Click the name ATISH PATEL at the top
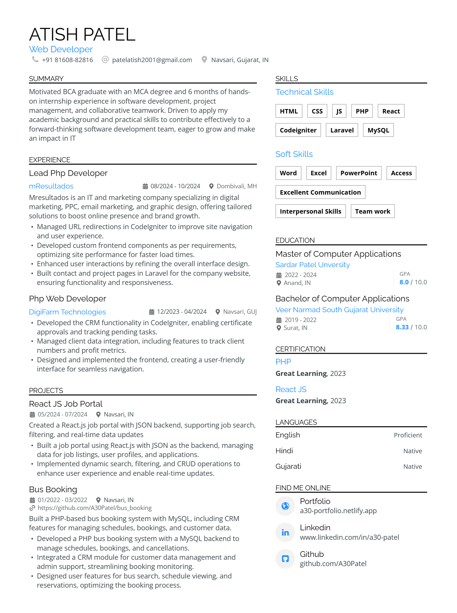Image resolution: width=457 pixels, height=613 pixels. tap(82, 35)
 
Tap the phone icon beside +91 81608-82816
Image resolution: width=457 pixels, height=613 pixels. tap(35, 59)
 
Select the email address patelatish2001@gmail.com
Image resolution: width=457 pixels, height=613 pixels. tap(152, 60)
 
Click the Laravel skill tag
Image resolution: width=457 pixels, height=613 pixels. tap(342, 130)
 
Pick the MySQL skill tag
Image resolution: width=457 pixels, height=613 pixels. tap(378, 130)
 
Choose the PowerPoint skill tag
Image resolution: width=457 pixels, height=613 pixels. tap(359, 173)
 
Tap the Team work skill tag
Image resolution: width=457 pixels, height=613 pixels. tap(372, 211)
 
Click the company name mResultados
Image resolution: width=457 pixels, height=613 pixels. tap(51, 186)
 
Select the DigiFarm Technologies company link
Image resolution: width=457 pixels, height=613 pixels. tap(67, 312)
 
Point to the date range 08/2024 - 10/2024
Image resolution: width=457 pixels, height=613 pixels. tap(175, 186)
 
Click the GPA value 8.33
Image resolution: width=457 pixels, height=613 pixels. tap(402, 327)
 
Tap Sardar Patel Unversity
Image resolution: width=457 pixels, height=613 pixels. tap(312, 265)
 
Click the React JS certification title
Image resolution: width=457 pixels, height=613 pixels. tap(291, 389)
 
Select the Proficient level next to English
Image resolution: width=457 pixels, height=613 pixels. tap(408, 435)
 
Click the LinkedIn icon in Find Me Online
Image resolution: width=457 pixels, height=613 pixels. tap(285, 532)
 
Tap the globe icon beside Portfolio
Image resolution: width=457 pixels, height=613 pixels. tap(285, 506)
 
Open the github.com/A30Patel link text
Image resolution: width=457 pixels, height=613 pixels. tap(333, 564)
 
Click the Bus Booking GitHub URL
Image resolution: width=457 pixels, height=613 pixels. tap(95, 508)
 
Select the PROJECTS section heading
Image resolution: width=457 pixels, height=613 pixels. tap(46, 390)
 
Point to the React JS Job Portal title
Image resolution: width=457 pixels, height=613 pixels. tap(66, 404)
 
